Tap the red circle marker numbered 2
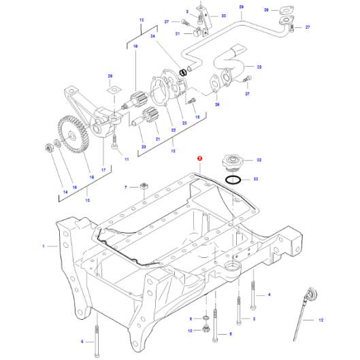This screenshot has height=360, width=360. pyautogui.click(x=199, y=158)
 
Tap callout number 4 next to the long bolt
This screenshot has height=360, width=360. pyautogui.click(x=269, y=294)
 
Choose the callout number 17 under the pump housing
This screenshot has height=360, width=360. pyautogui.click(x=103, y=169)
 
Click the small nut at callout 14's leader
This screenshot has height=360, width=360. pyautogui.click(x=48, y=147)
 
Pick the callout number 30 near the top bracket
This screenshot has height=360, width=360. pyautogui.click(x=223, y=16)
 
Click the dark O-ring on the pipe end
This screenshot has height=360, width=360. pyautogui.click(x=182, y=72)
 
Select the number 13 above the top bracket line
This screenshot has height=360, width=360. pyautogui.click(x=142, y=20)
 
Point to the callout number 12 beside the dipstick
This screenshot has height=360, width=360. pyautogui.click(x=321, y=319)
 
